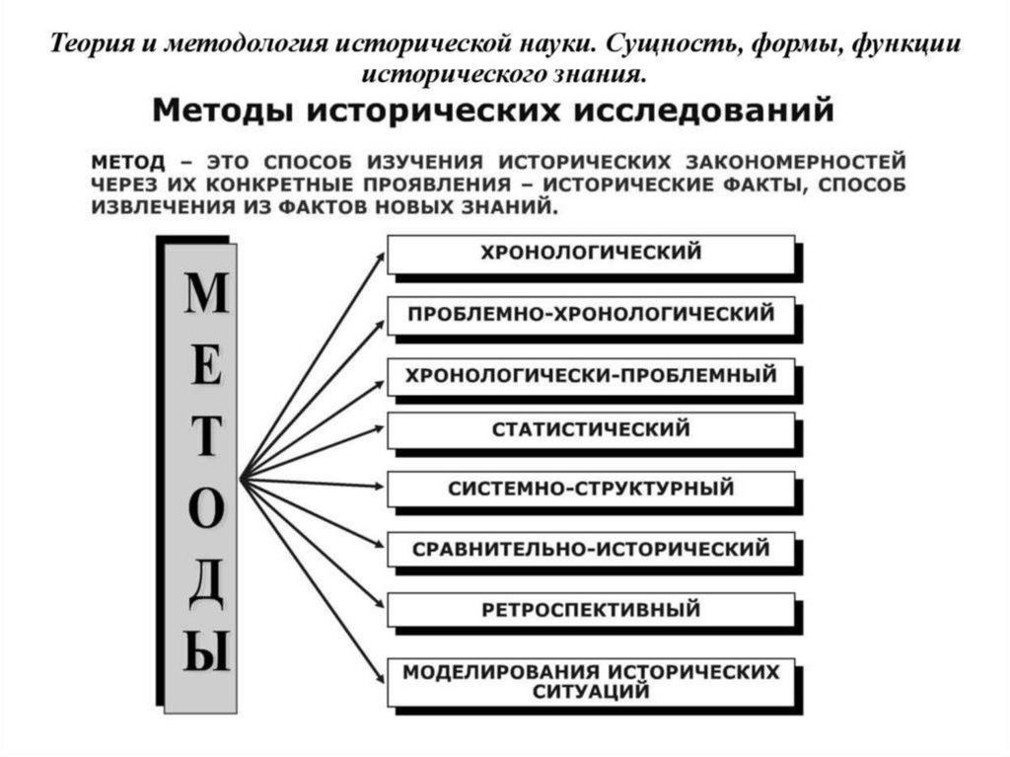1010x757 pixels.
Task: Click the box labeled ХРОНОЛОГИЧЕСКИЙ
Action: pos(590,253)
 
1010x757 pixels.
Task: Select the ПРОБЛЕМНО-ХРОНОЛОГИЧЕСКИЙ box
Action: pos(590,315)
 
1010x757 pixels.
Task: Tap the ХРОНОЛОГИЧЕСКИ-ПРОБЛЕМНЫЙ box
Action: pos(590,375)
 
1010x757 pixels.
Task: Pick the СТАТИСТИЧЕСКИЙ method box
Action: pos(590,430)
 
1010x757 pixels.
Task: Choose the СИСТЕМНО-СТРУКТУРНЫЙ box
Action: pos(590,489)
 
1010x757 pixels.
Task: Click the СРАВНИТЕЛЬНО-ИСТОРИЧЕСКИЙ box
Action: pos(590,548)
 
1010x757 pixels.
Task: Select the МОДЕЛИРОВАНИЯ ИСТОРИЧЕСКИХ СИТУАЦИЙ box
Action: pos(590,681)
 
